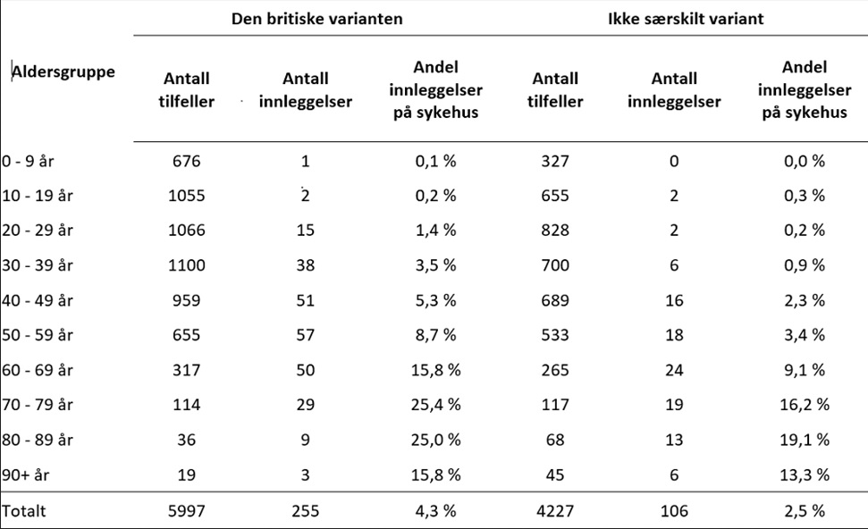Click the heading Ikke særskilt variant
[674, 17]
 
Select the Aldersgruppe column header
[63, 72]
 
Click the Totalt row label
[23, 511]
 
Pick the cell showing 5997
[187, 511]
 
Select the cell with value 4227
[555, 511]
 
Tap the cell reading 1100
[187, 264]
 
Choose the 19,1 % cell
[804, 439]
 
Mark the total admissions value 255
[305, 511]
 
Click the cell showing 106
[674, 511]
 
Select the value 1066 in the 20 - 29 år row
[187, 230]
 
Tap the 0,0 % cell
[804, 162]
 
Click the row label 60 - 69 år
[37, 369]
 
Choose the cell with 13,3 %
[804, 474]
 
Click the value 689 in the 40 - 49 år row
[555, 299]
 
